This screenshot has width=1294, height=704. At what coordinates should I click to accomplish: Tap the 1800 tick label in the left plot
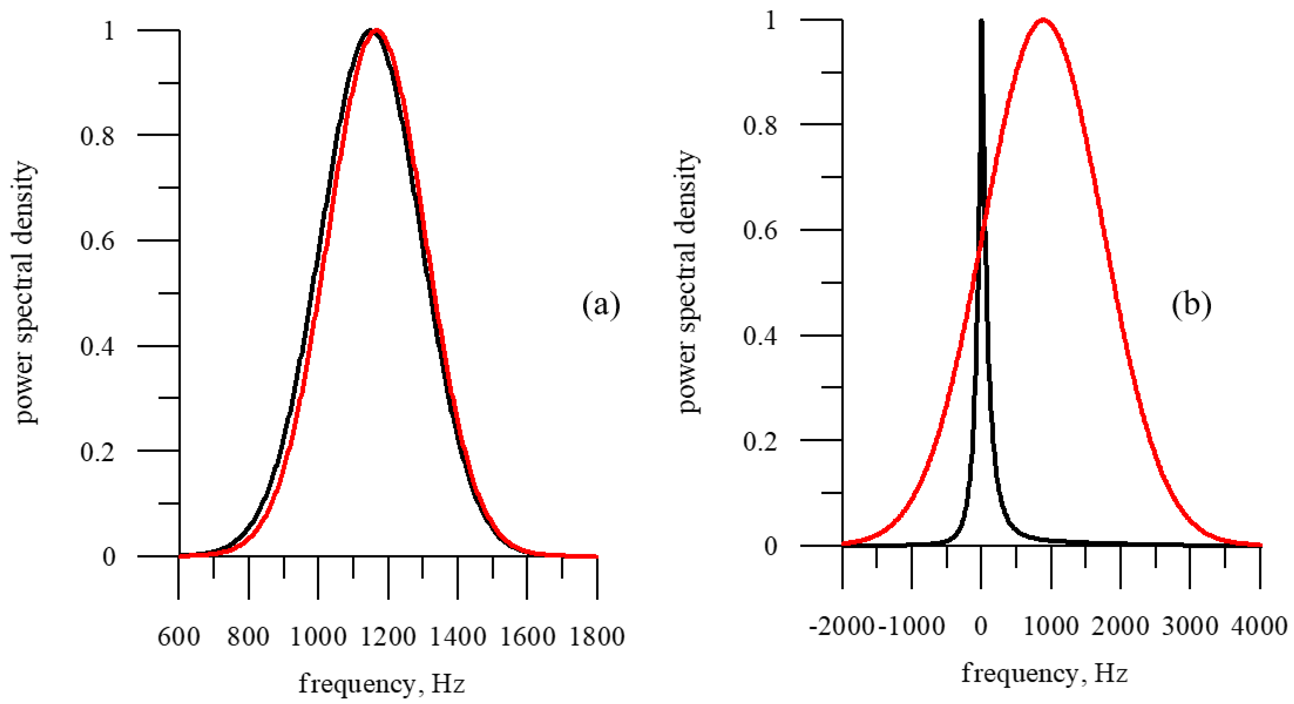(597, 637)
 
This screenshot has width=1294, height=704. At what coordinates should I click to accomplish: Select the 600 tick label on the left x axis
(179, 637)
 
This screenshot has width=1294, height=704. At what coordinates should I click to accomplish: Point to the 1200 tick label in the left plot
(388, 637)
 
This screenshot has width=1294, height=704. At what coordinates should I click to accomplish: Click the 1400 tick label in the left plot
(457, 637)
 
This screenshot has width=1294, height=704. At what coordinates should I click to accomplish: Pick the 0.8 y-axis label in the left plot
(98, 135)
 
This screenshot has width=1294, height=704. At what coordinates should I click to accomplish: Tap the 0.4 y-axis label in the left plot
(98, 347)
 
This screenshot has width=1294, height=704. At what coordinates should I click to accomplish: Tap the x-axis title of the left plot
(382, 684)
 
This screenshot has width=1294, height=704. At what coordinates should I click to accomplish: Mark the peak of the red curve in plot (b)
(1043, 20)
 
